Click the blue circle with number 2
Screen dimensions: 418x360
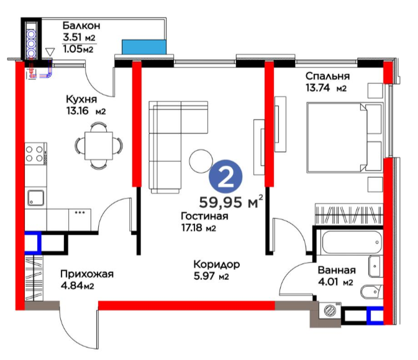click(x=225, y=177)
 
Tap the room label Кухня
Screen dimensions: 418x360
click(x=81, y=99)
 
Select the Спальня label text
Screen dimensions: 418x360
click(x=327, y=76)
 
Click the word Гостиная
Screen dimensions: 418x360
click(x=204, y=216)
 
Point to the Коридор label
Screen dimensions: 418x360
click(x=217, y=264)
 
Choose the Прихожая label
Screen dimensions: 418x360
click(x=87, y=274)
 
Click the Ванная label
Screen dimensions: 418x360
click(x=337, y=270)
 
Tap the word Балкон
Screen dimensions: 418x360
click(x=81, y=25)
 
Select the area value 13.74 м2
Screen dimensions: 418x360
click(x=325, y=88)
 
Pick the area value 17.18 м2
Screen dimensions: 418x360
click(x=198, y=228)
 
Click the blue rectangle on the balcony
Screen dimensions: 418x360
click(x=144, y=47)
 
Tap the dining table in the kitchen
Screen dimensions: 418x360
click(x=99, y=145)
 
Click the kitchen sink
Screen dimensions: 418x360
click(x=36, y=198)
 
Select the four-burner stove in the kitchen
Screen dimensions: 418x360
click(x=36, y=154)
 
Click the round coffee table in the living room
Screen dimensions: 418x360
click(x=201, y=160)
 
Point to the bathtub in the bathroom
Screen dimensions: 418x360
click(x=352, y=242)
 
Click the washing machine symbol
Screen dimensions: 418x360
click(x=330, y=311)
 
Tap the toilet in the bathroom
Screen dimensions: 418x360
click(x=371, y=292)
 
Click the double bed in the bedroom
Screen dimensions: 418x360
click(x=344, y=137)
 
